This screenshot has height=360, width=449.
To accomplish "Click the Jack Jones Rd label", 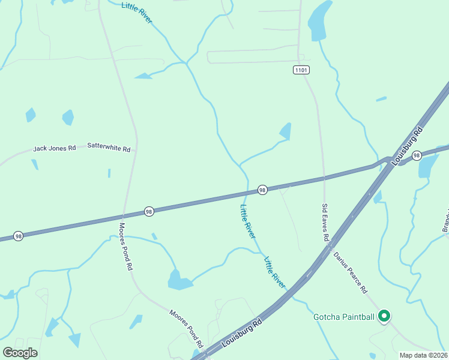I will pyautogui.click(x=55, y=148).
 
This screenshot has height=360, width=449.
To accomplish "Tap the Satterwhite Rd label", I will pyautogui.click(x=109, y=146).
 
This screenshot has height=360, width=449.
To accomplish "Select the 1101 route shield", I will pyautogui.click(x=301, y=70).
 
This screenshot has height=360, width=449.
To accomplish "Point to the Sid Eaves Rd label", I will pyautogui.click(x=325, y=223).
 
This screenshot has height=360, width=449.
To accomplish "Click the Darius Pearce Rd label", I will pyautogui.click(x=351, y=272).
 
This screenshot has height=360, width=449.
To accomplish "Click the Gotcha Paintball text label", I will pyautogui.click(x=344, y=317).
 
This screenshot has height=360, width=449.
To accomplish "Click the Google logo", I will pyautogui.click(x=20, y=352).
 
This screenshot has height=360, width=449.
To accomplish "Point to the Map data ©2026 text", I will pyautogui.click(x=423, y=355).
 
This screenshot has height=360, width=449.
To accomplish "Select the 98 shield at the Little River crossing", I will pyautogui.click(x=262, y=190).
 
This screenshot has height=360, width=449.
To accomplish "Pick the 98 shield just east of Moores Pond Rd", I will pyautogui.click(x=149, y=211).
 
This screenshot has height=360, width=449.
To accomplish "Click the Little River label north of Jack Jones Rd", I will pyautogui.click(x=137, y=13).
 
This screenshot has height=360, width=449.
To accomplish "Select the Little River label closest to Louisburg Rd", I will pyautogui.click(x=276, y=273).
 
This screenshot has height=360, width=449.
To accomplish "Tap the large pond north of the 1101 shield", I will pyautogui.click(x=319, y=20).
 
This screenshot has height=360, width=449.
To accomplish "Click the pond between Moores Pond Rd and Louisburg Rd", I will pyautogui.click(x=179, y=280).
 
